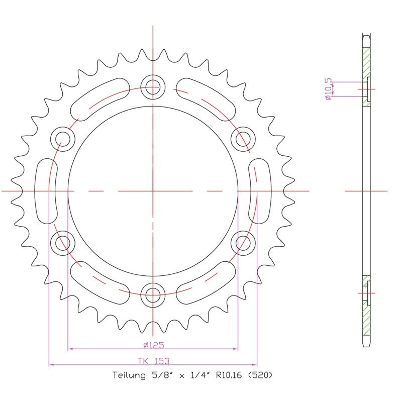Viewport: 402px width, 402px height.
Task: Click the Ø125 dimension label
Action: [x=154, y=345]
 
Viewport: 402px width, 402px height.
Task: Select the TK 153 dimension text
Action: [x=154, y=361]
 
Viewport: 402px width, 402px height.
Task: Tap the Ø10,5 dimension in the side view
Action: [x=328, y=89]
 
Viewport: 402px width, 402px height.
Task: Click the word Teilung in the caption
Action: [x=129, y=375]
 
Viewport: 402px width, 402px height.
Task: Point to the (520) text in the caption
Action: [x=260, y=375]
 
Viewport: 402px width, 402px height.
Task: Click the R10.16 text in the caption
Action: [x=229, y=375]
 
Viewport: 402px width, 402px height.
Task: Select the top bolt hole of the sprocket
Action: [x=153, y=87]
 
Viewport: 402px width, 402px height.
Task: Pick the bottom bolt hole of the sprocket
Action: [x=153, y=295]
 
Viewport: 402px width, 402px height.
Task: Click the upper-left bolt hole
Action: [x=63, y=139]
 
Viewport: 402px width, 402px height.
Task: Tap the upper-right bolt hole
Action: [x=243, y=139]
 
